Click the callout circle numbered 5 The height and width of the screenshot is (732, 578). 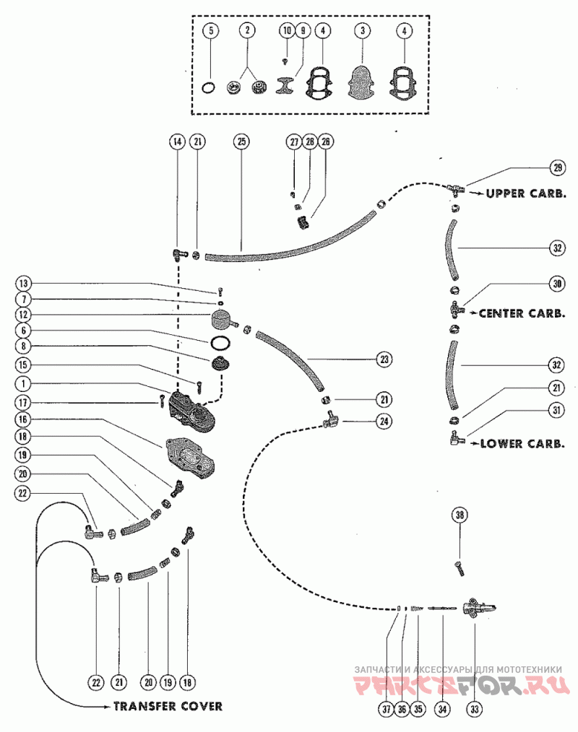(211, 31)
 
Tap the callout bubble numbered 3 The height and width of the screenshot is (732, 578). (362, 31)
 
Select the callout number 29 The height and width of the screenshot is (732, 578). (558, 167)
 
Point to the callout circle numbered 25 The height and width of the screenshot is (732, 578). (241, 141)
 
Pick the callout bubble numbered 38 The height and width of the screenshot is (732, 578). (460, 515)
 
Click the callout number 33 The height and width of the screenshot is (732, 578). (475, 709)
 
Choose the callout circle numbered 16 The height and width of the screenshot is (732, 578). (23, 419)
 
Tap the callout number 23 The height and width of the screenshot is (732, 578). (384, 360)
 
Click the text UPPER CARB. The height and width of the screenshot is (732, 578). (526, 193)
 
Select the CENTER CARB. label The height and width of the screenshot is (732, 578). (522, 313)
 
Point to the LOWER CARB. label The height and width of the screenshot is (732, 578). (522, 443)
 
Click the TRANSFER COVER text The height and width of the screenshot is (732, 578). (168, 706)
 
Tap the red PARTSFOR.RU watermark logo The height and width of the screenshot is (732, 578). (461, 685)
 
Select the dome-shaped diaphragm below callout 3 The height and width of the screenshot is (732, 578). (363, 82)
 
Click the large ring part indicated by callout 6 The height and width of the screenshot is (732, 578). (220, 343)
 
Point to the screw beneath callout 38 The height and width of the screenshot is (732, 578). (460, 570)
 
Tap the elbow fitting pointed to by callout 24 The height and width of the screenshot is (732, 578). (332, 420)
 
